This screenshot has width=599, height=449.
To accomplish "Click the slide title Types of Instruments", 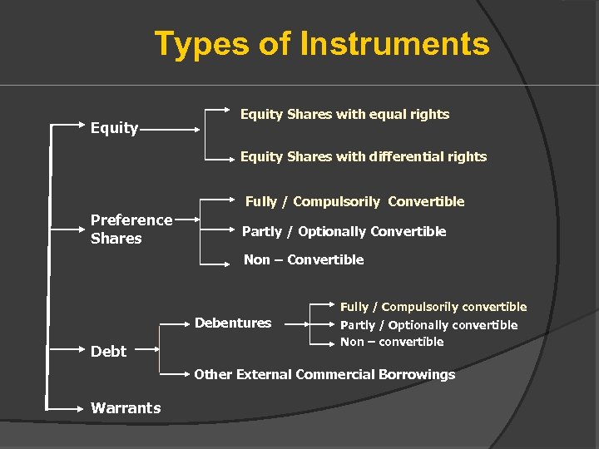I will pos(322,43).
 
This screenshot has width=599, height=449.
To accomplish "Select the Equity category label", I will pos(114,127).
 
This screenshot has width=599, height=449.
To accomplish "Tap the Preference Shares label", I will pos(131,229).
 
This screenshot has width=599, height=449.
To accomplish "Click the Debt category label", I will pos(108,351).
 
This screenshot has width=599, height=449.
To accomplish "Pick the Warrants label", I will pos(126,407).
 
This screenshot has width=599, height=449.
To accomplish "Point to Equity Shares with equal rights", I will pos(344,114).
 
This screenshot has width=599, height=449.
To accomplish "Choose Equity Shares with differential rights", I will pos(364,156).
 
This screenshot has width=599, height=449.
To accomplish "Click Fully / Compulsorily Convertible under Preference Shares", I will pos(354,201).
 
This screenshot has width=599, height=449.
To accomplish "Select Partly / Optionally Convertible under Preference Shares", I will pos(344,231).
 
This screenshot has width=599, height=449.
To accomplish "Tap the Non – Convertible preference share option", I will pos(304,259).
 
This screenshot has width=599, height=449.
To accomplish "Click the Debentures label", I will pos(233,323).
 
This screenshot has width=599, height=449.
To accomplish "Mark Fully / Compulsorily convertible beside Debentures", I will pos(433,307).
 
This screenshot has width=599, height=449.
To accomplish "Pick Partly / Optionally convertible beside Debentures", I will pos(428,325).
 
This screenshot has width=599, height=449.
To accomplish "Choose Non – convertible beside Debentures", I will pos(392,342).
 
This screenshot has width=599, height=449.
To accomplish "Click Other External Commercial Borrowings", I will pos(324,374).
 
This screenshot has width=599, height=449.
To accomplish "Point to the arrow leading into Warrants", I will pos(67,407).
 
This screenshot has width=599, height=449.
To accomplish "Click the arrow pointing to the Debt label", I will pos(67,352).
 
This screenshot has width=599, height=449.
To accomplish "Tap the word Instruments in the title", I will pos(394,43).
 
